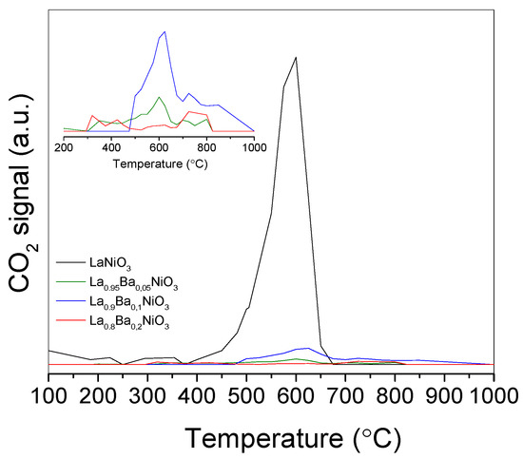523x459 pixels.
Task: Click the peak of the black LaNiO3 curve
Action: click(296, 57)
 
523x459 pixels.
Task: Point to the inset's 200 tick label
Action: click(64, 147)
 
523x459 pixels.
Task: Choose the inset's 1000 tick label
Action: click(253, 147)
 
